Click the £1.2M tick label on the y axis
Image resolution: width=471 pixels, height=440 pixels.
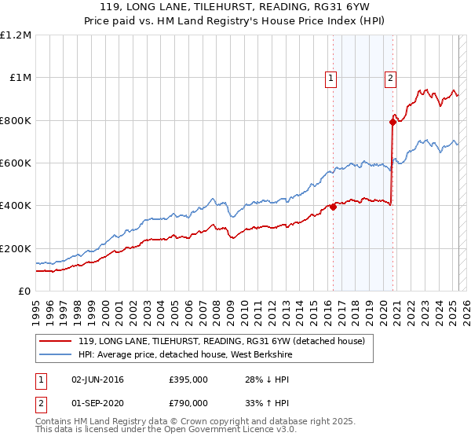[x=16, y=35]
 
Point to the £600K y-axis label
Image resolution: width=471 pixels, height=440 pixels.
[x=16, y=163]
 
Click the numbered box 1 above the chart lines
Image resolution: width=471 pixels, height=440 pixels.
[x=331, y=78]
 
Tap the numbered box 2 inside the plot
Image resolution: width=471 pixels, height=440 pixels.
[x=390, y=78]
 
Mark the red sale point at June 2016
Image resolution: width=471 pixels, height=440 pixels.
[x=333, y=207]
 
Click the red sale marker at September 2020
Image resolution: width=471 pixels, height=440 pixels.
[x=392, y=122]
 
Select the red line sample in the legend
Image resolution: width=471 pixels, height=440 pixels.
[x=55, y=342]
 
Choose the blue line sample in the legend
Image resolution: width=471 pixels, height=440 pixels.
[x=55, y=356]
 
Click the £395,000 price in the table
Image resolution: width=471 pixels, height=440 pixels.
[x=188, y=379]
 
